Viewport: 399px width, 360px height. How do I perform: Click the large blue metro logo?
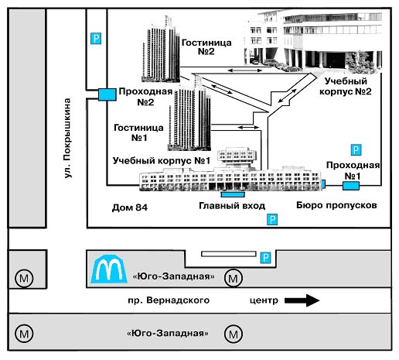[x=109, y=269]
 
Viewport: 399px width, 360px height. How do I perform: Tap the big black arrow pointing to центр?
[x=302, y=300]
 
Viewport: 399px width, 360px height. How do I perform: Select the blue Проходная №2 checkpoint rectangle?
[x=107, y=94]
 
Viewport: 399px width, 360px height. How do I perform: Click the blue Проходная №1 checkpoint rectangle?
[x=351, y=186]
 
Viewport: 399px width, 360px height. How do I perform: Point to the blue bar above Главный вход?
[x=233, y=194]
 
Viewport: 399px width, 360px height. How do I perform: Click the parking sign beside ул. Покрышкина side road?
[x=96, y=39]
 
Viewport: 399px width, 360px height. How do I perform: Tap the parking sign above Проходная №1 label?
[x=356, y=149]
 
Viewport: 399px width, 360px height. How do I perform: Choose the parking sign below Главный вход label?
[x=272, y=220]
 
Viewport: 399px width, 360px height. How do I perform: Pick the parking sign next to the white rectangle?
[x=265, y=258]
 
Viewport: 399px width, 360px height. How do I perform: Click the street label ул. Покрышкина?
[x=67, y=138]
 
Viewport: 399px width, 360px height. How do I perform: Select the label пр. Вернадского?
[x=169, y=300]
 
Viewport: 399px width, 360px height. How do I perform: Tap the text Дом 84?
[x=130, y=207]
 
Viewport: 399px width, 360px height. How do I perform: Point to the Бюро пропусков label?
[x=336, y=205]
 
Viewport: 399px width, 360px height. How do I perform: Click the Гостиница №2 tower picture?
[x=161, y=50]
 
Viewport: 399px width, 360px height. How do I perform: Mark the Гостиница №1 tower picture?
[x=189, y=114]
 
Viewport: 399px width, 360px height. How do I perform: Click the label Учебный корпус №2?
[x=346, y=86]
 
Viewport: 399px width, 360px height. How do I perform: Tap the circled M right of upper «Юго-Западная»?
[x=234, y=278]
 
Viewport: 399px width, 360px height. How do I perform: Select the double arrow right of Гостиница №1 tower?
[x=248, y=127]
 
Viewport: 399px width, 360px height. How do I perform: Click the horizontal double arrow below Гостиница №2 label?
[x=245, y=70]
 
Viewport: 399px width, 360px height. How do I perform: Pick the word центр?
[x=264, y=300]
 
